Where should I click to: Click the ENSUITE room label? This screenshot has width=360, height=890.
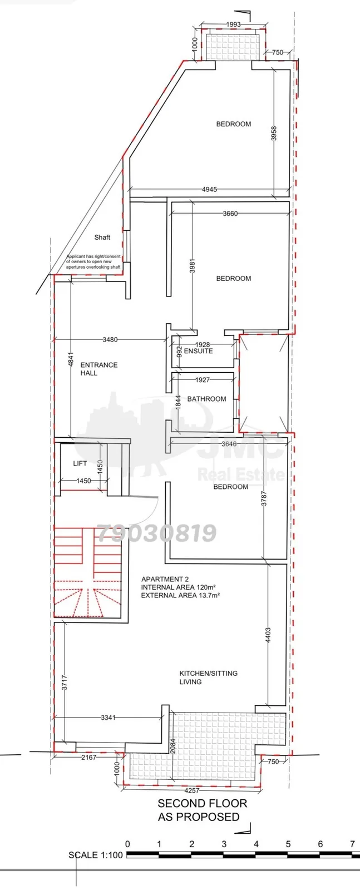(198, 351)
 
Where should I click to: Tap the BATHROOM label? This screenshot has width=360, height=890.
(206, 399)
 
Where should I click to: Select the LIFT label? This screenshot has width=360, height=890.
(80, 463)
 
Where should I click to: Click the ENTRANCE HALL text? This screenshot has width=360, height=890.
(99, 369)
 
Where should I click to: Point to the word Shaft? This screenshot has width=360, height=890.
(102, 237)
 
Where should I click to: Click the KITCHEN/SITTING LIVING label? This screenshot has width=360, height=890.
(209, 678)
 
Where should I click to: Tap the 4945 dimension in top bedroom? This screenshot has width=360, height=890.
(209, 190)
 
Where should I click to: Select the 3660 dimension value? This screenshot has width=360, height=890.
(230, 214)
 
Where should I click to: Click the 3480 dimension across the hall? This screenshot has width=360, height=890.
(110, 340)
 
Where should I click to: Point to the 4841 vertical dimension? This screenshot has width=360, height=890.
(71, 359)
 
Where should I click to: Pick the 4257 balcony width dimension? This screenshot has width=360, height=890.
(191, 790)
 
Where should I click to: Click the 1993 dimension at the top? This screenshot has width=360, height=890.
(233, 24)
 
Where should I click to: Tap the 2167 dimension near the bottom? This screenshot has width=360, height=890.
(88, 757)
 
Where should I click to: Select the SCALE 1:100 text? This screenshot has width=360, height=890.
(96, 855)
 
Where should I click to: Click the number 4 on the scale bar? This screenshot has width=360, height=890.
(256, 843)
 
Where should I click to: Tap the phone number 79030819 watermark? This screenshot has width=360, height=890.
(157, 533)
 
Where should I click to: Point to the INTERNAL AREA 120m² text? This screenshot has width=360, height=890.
(179, 587)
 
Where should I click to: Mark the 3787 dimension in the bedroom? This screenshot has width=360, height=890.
(264, 498)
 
